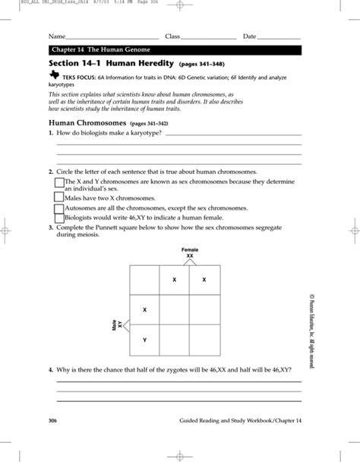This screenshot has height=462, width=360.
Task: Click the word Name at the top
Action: tap(56, 36)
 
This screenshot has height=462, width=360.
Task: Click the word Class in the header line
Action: tap(172, 36)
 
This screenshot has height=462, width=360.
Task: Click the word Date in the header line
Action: tap(250, 36)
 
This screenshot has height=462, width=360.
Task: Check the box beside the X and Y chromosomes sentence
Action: tap(58, 182)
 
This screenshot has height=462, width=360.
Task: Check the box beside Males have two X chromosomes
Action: tap(58, 196)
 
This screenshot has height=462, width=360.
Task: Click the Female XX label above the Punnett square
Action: tap(189, 252)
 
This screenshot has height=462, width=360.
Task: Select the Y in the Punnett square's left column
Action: tap(145, 340)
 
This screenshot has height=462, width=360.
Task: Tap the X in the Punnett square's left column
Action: tap(145, 309)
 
